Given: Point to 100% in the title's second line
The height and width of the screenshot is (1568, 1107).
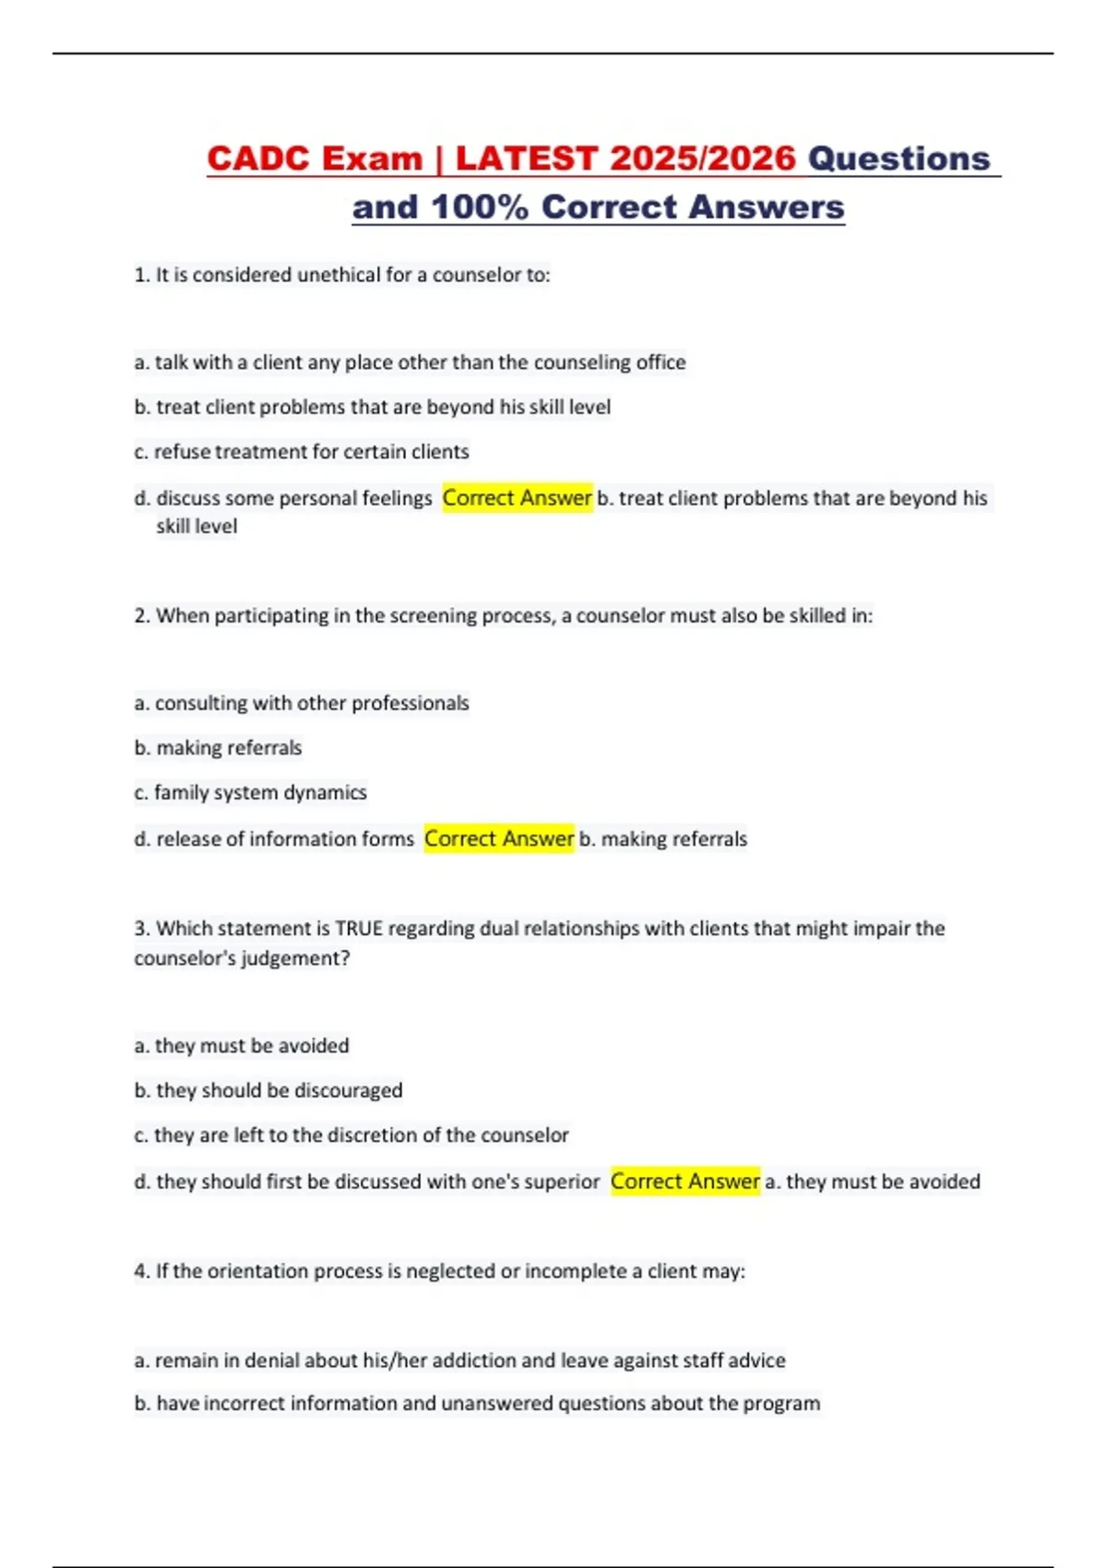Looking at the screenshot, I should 480,208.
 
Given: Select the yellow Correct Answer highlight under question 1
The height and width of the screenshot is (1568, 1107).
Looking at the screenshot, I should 517,498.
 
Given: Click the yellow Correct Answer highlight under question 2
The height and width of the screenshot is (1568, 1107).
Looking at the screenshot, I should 499,838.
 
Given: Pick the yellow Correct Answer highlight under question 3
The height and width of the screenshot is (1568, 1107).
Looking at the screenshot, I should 685,1182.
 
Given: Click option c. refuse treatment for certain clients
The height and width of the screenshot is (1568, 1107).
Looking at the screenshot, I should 302,452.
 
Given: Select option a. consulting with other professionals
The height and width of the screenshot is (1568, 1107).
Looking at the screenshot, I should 302,703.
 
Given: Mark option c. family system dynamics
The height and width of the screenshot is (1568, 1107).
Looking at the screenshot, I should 251,792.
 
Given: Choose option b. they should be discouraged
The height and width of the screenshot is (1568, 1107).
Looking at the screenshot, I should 268,1090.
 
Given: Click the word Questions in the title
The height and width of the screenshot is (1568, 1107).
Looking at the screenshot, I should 899,159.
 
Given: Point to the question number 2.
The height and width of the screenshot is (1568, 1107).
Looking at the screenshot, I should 141,615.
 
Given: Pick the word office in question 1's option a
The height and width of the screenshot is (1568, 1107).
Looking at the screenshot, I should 661,362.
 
